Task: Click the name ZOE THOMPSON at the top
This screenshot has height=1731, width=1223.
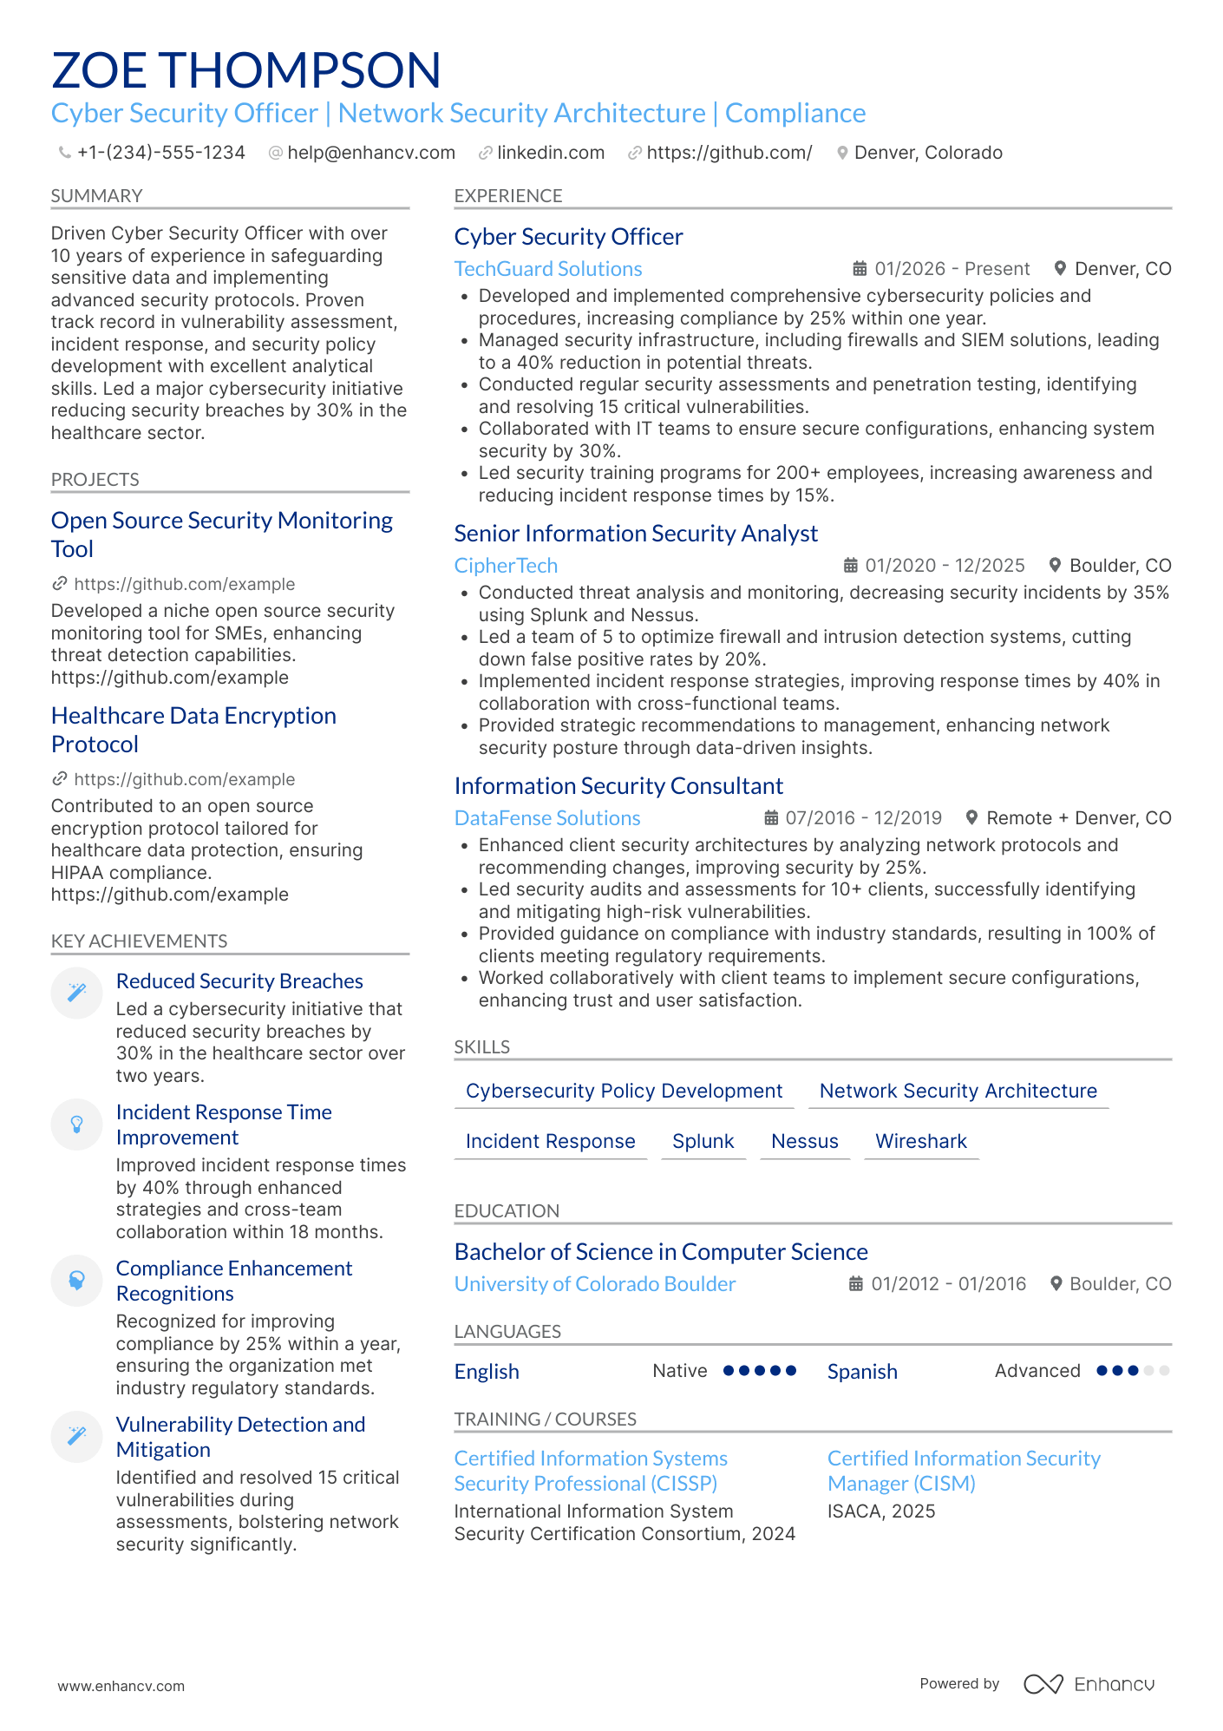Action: coord(246,70)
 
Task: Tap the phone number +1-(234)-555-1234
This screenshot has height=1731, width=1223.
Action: coord(160,153)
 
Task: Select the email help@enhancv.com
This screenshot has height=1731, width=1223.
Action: coord(370,153)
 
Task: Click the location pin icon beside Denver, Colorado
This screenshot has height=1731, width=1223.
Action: coord(841,153)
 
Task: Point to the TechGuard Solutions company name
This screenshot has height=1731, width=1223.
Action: coord(547,269)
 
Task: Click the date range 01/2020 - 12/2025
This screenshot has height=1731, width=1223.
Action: coord(945,566)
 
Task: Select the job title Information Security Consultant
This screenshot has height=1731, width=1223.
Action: coord(618,786)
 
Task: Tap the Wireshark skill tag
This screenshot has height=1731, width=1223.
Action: coord(920,1141)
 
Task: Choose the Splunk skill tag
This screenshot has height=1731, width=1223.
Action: coord(703,1141)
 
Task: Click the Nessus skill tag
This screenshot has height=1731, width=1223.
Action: coord(804,1141)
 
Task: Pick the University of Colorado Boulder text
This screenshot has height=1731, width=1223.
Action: coord(594,1284)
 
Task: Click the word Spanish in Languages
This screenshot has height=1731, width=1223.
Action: coord(861,1372)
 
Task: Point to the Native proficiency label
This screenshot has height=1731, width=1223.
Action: coord(679,1371)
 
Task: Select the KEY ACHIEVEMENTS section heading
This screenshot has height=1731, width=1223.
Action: coord(139,941)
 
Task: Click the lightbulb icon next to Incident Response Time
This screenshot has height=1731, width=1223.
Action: coord(76,1124)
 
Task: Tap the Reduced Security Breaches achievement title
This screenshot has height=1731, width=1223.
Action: coord(239,981)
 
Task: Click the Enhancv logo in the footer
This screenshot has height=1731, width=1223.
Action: coord(1089,1684)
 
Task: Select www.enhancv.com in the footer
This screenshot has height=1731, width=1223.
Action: coord(121,1686)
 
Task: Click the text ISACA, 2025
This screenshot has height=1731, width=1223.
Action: coord(880,1511)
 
